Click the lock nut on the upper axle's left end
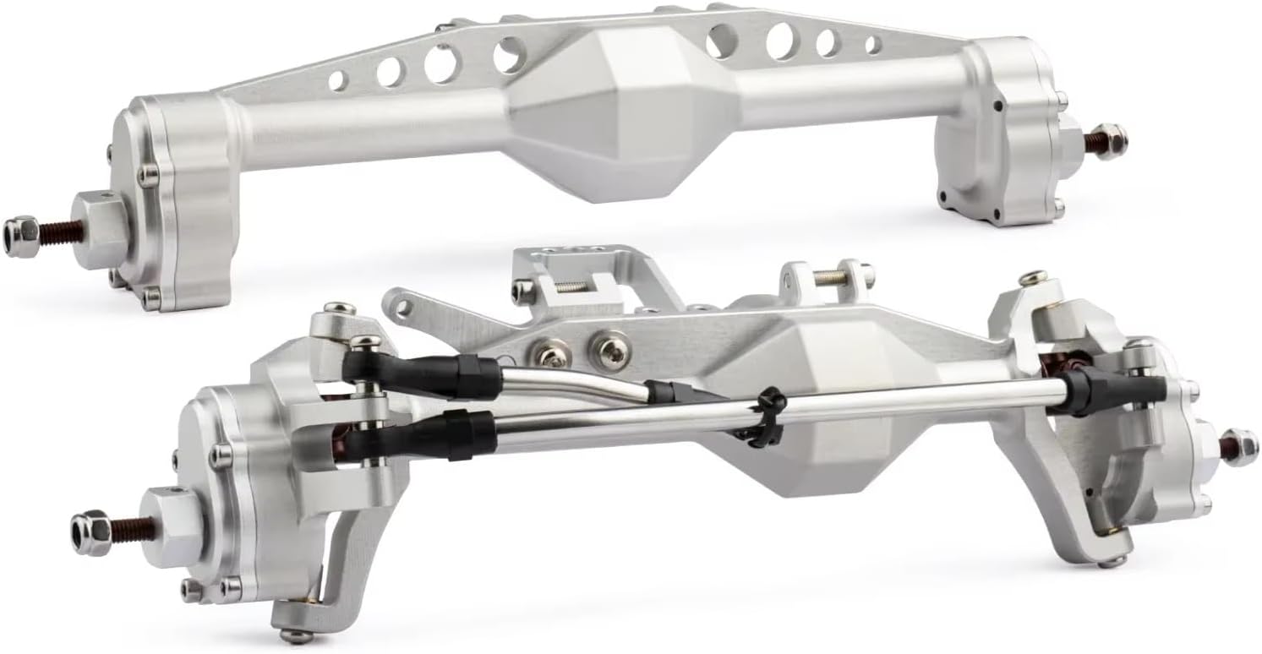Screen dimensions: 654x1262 click(19, 228)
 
